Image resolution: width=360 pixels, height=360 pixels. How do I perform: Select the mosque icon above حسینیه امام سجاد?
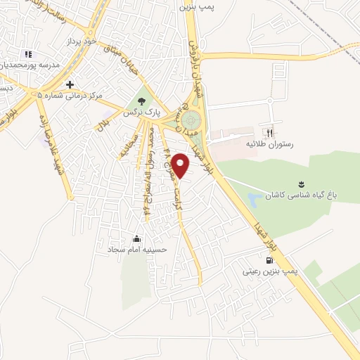point(136,238)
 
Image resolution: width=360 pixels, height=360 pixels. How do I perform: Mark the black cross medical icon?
point(70,84)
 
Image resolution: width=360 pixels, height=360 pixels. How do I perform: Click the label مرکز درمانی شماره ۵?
point(70,95)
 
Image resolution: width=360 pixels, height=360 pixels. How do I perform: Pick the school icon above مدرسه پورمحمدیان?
point(27,54)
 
